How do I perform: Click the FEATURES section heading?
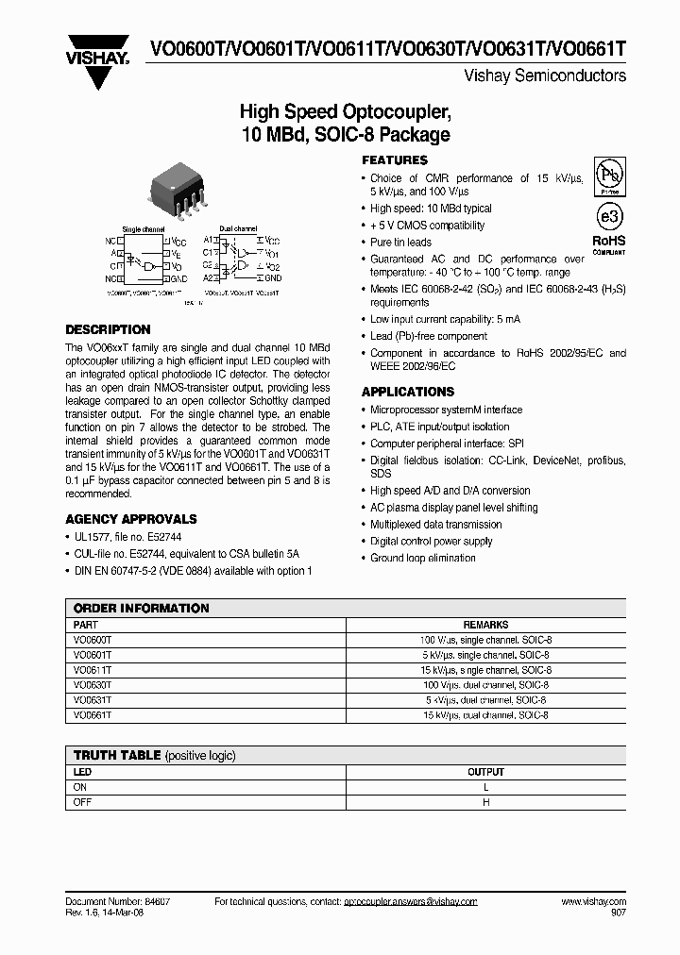395,160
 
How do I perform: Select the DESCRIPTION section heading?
108,329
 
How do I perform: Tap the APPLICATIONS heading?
408,392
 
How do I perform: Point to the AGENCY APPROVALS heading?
131,519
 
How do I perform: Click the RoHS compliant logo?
609,244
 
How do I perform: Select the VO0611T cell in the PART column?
93,670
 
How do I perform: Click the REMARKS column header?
485,625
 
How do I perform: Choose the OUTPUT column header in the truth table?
485,772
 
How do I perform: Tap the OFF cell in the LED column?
83,802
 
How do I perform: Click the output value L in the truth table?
485,787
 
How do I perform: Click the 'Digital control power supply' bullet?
432,542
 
